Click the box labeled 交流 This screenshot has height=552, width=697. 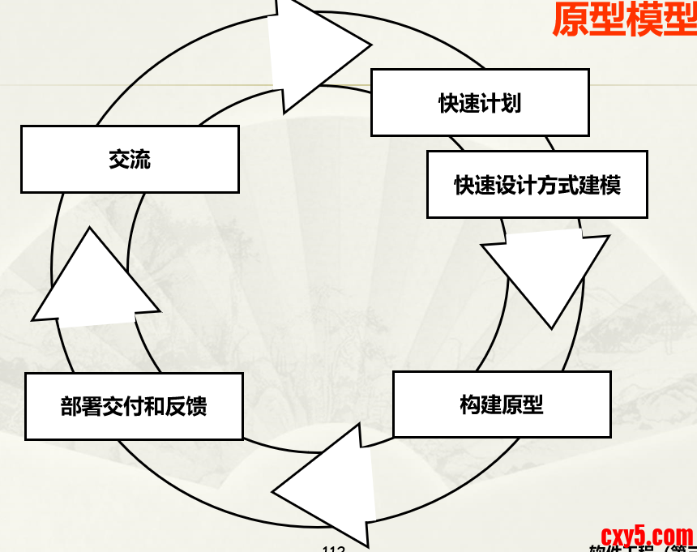pos(130,159)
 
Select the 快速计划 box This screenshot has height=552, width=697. pos(480,103)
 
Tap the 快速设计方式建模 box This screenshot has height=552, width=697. pos(537,185)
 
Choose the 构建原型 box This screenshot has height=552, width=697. pos(502,404)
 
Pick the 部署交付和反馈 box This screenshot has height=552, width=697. pos(134,406)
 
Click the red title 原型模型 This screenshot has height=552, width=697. pos(624,19)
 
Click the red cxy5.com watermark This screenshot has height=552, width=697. pos(647,535)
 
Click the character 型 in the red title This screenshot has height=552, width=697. pos(679,19)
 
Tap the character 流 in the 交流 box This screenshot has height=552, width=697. pos(140,159)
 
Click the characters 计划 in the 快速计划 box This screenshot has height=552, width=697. pos(501,103)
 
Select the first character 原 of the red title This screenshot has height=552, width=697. pos(570,19)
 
